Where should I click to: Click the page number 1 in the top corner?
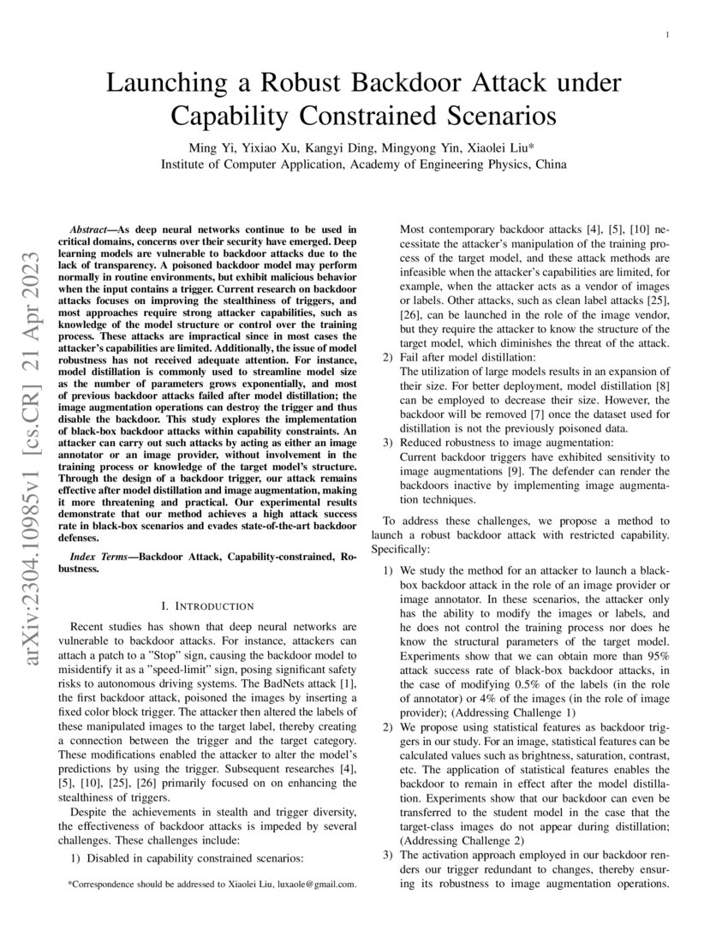point(666,35)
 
